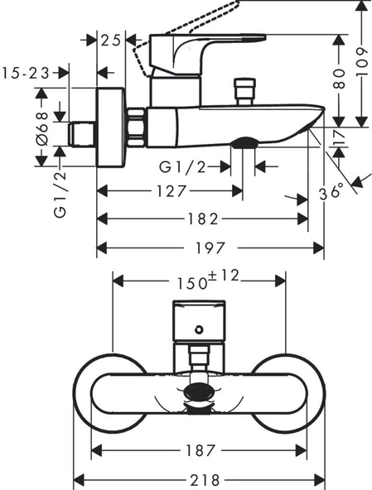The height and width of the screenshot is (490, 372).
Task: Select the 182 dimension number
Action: tap(203, 219)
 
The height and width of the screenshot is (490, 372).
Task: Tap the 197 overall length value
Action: tap(210, 247)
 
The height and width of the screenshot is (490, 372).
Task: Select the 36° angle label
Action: tap(331, 192)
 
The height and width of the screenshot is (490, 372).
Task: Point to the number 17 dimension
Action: tap(338, 137)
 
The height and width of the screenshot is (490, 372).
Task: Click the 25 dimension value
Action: tap(111, 39)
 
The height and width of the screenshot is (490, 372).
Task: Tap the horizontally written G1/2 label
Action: tap(183, 167)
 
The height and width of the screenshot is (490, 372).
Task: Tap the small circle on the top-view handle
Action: tap(199, 332)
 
